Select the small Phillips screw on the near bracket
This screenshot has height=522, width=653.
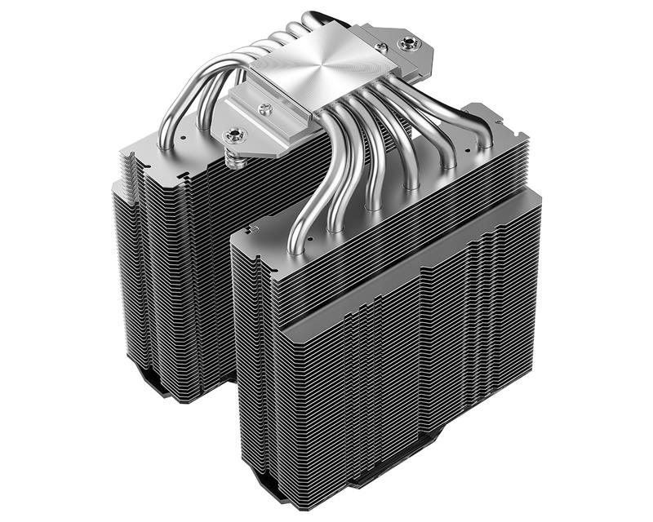tap(264, 108)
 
